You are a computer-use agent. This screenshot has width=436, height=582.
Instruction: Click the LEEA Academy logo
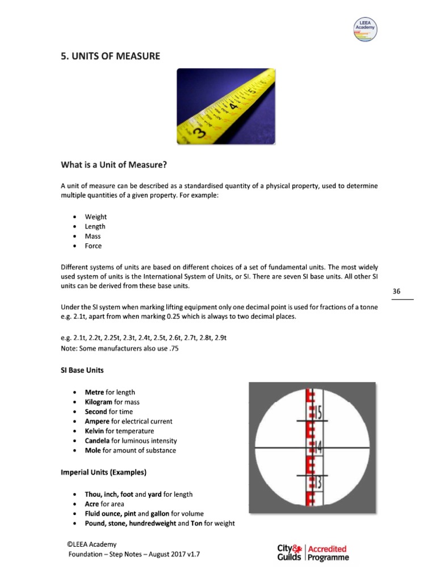point(365,29)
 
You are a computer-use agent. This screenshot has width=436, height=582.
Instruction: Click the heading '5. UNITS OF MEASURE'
point(110,56)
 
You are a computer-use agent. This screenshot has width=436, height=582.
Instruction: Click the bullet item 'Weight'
point(96,217)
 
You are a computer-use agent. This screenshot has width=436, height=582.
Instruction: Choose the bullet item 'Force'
point(93,246)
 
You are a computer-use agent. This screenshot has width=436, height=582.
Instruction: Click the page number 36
point(397,292)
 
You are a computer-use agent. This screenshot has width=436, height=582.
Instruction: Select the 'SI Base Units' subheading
point(82,370)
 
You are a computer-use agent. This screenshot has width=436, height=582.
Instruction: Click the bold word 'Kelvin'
point(95,431)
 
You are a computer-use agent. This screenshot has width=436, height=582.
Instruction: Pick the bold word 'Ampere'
point(97,421)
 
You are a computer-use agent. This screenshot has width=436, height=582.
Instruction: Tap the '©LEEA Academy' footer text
point(94,544)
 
